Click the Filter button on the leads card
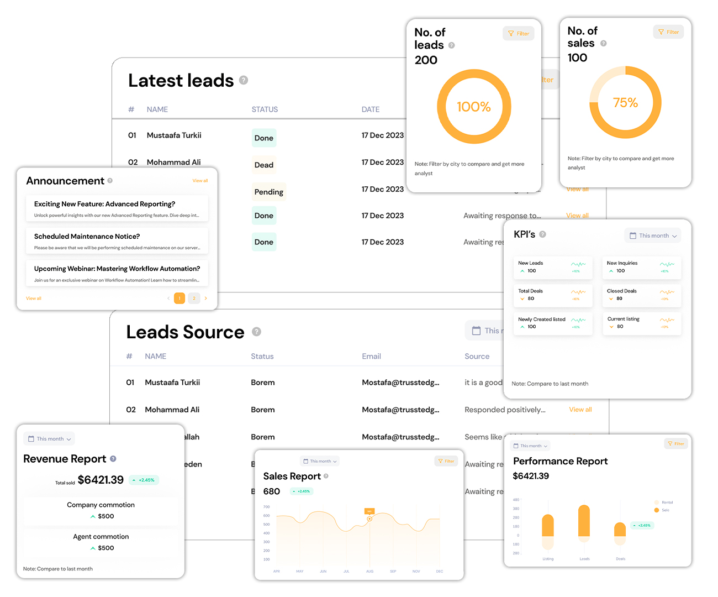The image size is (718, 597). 519,34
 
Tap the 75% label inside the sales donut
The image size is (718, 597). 625,103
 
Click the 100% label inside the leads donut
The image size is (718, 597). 473,107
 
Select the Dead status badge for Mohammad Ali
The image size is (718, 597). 264,165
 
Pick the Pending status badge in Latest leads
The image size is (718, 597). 269,192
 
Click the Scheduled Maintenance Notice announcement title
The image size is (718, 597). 87,237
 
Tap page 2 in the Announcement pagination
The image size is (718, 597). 194,298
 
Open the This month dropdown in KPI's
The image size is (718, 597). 653,235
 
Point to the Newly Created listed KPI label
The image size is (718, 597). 542,320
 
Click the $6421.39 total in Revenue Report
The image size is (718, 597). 101,480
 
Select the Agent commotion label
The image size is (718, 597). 101,537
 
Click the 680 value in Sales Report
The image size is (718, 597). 272,491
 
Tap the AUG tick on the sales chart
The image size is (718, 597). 370,571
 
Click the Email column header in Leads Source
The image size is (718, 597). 372,357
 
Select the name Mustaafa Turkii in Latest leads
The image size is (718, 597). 174,135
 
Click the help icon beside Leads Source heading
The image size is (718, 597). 256,332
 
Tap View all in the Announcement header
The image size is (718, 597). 200,181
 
